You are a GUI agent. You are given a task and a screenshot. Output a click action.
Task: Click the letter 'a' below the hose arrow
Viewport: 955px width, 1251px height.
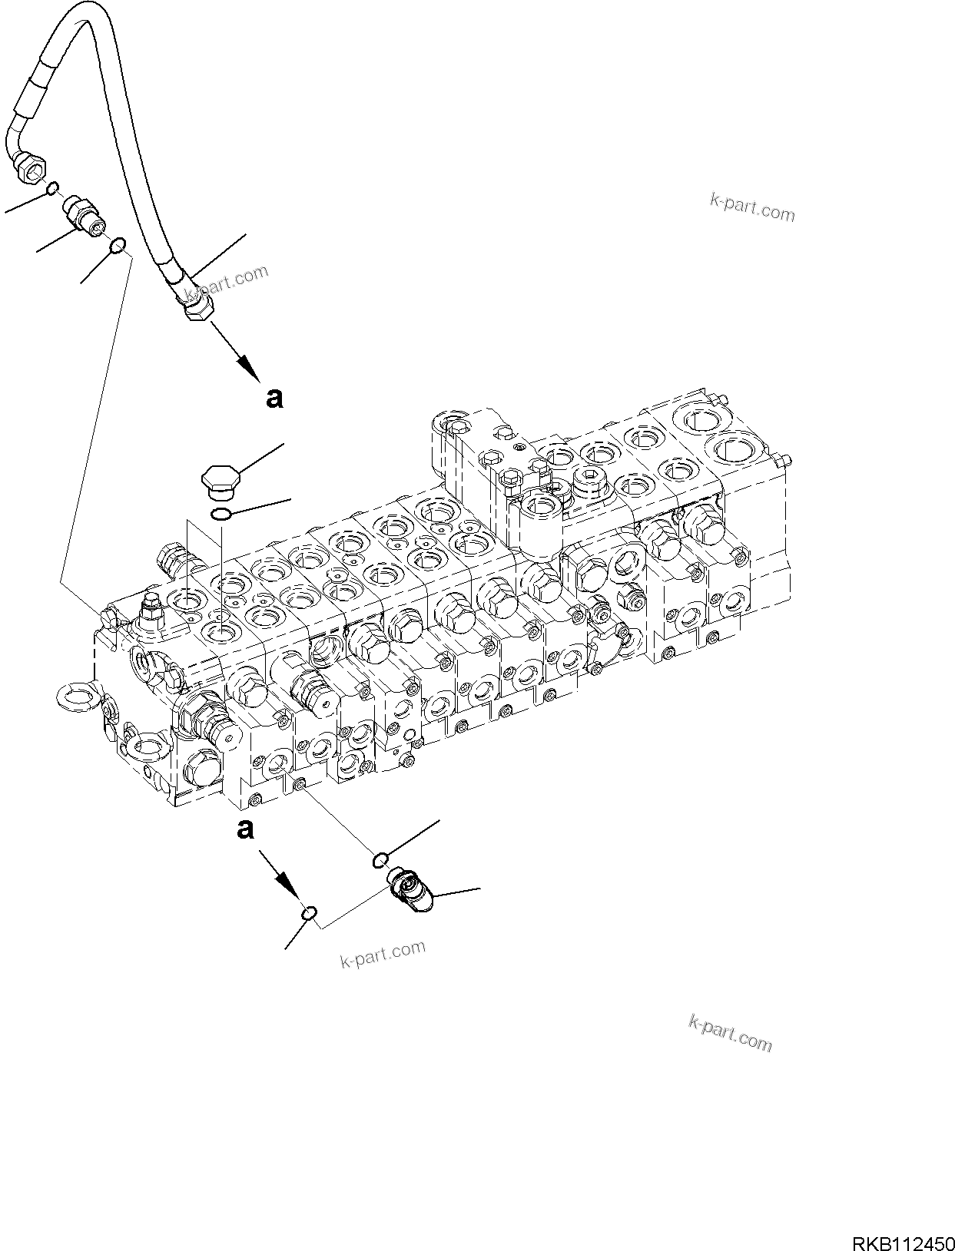point(274,398)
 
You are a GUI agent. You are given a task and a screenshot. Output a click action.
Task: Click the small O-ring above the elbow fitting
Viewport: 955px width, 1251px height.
point(380,859)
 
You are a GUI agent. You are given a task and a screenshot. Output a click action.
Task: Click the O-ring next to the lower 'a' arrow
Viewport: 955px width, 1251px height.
point(309,912)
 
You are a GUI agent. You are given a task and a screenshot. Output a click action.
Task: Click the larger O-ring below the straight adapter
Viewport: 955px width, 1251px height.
point(118,246)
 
